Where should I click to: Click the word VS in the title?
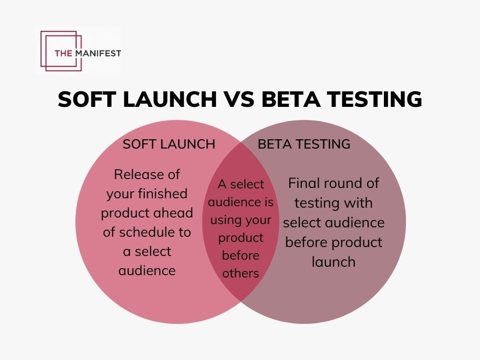click(232, 100)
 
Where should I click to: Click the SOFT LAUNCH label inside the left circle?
click(169, 144)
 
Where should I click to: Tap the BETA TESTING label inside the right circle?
click(304, 144)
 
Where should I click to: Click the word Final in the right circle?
click(305, 183)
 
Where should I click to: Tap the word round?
click(352, 183)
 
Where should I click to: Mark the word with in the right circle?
click(359, 202)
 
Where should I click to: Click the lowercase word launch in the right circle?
click(333, 262)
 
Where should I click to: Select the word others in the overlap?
click(240, 273)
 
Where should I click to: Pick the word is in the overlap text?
click(269, 202)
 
